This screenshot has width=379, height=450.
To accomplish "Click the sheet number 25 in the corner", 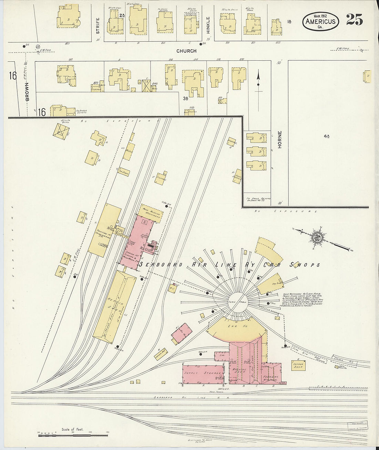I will (x=354, y=20).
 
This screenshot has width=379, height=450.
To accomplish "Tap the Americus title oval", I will (x=320, y=21).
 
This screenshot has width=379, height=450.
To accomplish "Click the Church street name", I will (x=186, y=51).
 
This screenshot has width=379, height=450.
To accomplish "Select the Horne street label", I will (x=280, y=139).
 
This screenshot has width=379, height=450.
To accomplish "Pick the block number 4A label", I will (x=327, y=136).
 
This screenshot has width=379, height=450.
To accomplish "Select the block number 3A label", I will (x=185, y=98).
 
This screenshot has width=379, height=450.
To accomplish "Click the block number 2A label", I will (x=122, y=15).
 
